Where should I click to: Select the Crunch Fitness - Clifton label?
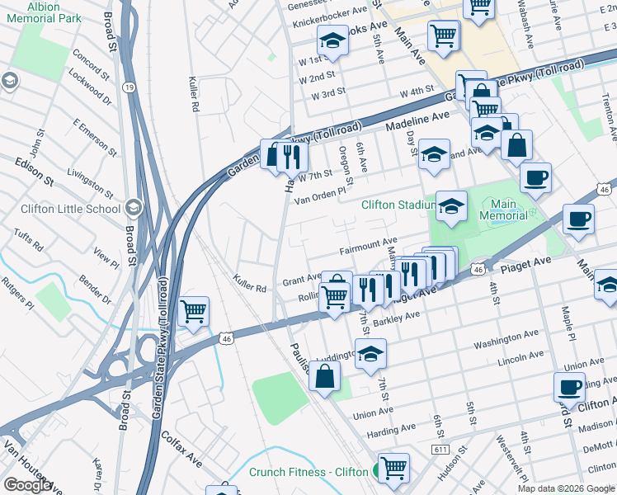[x=308, y=472]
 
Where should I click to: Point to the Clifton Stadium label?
[x=398, y=205]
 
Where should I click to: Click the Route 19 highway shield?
[x=129, y=86]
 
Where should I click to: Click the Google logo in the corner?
[x=27, y=485]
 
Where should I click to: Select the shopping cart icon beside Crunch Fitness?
[x=394, y=467]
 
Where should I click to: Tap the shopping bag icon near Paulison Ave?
[x=327, y=377]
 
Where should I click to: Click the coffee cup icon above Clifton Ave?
[x=568, y=386]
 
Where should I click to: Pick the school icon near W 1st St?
[x=332, y=40]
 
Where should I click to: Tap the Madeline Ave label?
[x=417, y=121]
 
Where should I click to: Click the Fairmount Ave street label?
[x=368, y=246]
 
